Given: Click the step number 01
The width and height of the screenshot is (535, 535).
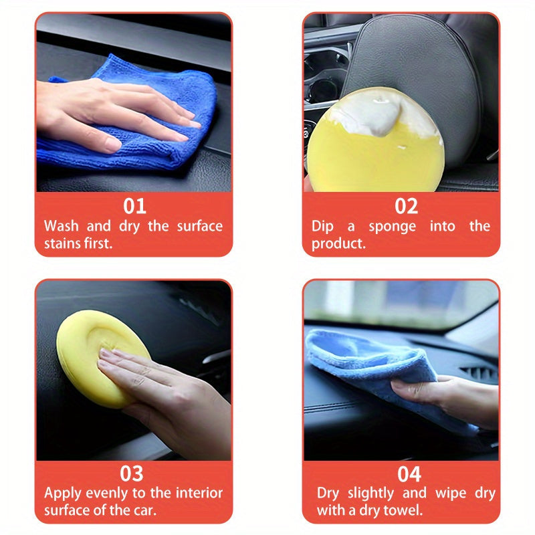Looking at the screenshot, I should coord(134,205).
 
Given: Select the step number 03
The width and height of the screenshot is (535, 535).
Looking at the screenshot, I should coord(132,473).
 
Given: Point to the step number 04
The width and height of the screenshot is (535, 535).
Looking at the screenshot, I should coord(409,474).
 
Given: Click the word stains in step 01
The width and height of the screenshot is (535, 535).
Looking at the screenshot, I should coord(62,243).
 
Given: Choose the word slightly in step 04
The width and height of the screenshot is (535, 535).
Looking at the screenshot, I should coord(380,494).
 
